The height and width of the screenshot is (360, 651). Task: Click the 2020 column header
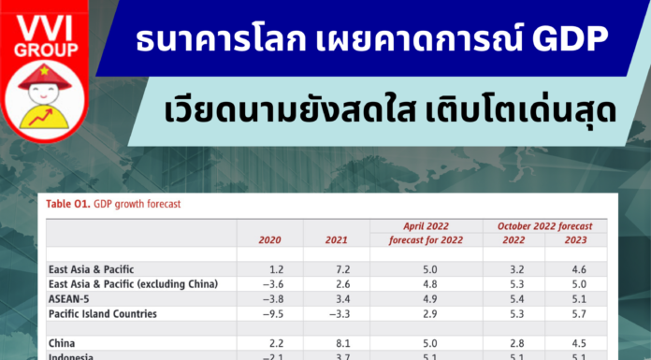269,240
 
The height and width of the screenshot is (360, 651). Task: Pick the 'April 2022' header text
427,226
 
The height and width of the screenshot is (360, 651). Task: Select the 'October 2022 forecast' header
544,226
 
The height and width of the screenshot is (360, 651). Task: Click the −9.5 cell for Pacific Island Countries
269,313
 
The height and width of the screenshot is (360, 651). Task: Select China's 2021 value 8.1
341,343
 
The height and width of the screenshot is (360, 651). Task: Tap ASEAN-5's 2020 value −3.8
269,298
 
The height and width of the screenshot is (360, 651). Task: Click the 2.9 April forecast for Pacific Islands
430,313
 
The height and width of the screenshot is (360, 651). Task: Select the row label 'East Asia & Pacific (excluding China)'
133,283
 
